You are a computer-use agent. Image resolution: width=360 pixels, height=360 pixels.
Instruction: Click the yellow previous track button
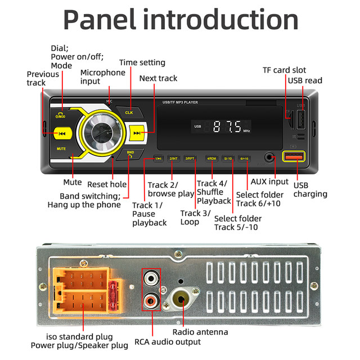point(62,133)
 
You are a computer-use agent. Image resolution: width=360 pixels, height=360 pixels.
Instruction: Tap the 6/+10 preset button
point(245,159)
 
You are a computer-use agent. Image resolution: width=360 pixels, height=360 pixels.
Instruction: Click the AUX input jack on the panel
point(271,158)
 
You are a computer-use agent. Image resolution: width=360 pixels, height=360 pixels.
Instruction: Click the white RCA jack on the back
point(151,278)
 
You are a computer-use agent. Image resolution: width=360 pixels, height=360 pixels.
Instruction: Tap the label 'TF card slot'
point(285,70)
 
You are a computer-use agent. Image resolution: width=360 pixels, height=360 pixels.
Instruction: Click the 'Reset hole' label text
point(107,184)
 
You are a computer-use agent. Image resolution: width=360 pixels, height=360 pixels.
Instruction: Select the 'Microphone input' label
point(103,77)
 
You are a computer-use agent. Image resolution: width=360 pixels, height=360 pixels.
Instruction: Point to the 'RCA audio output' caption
point(168,342)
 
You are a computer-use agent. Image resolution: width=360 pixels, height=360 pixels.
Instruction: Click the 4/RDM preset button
point(211,159)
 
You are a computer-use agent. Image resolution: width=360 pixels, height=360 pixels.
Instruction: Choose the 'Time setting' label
point(142,62)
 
